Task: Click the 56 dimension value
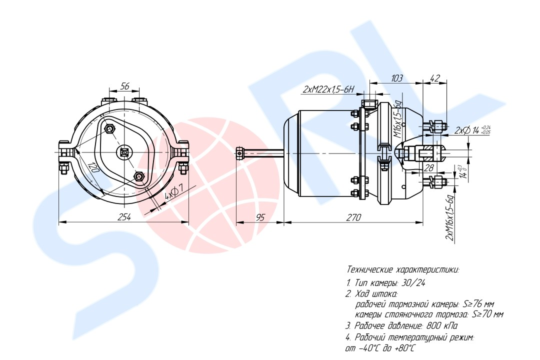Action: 124,86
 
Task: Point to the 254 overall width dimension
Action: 124,217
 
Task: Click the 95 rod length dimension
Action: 260,217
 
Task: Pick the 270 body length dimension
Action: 353,217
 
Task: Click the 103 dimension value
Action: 396,78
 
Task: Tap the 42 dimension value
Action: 435,78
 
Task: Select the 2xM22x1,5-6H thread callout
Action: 328,89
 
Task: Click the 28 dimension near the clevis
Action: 429,168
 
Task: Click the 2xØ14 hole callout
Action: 472,130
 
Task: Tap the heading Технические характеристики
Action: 403,269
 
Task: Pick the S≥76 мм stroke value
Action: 478,304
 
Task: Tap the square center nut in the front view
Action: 124,151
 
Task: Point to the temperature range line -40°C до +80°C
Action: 380,348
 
